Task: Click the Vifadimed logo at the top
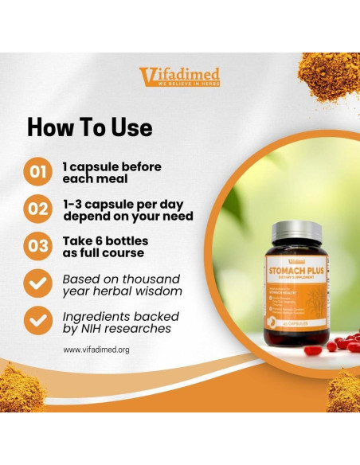point(179,76)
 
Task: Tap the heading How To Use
point(89,127)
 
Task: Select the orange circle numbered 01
point(38,172)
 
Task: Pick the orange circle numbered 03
point(38,246)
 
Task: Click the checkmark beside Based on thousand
point(38,284)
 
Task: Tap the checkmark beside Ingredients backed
point(38,322)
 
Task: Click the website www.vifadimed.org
point(96,350)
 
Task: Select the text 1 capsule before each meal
point(112,173)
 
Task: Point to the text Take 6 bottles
point(106,240)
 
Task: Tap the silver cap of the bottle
point(296,234)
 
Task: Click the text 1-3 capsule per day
point(118,204)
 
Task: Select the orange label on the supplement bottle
point(296,295)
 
